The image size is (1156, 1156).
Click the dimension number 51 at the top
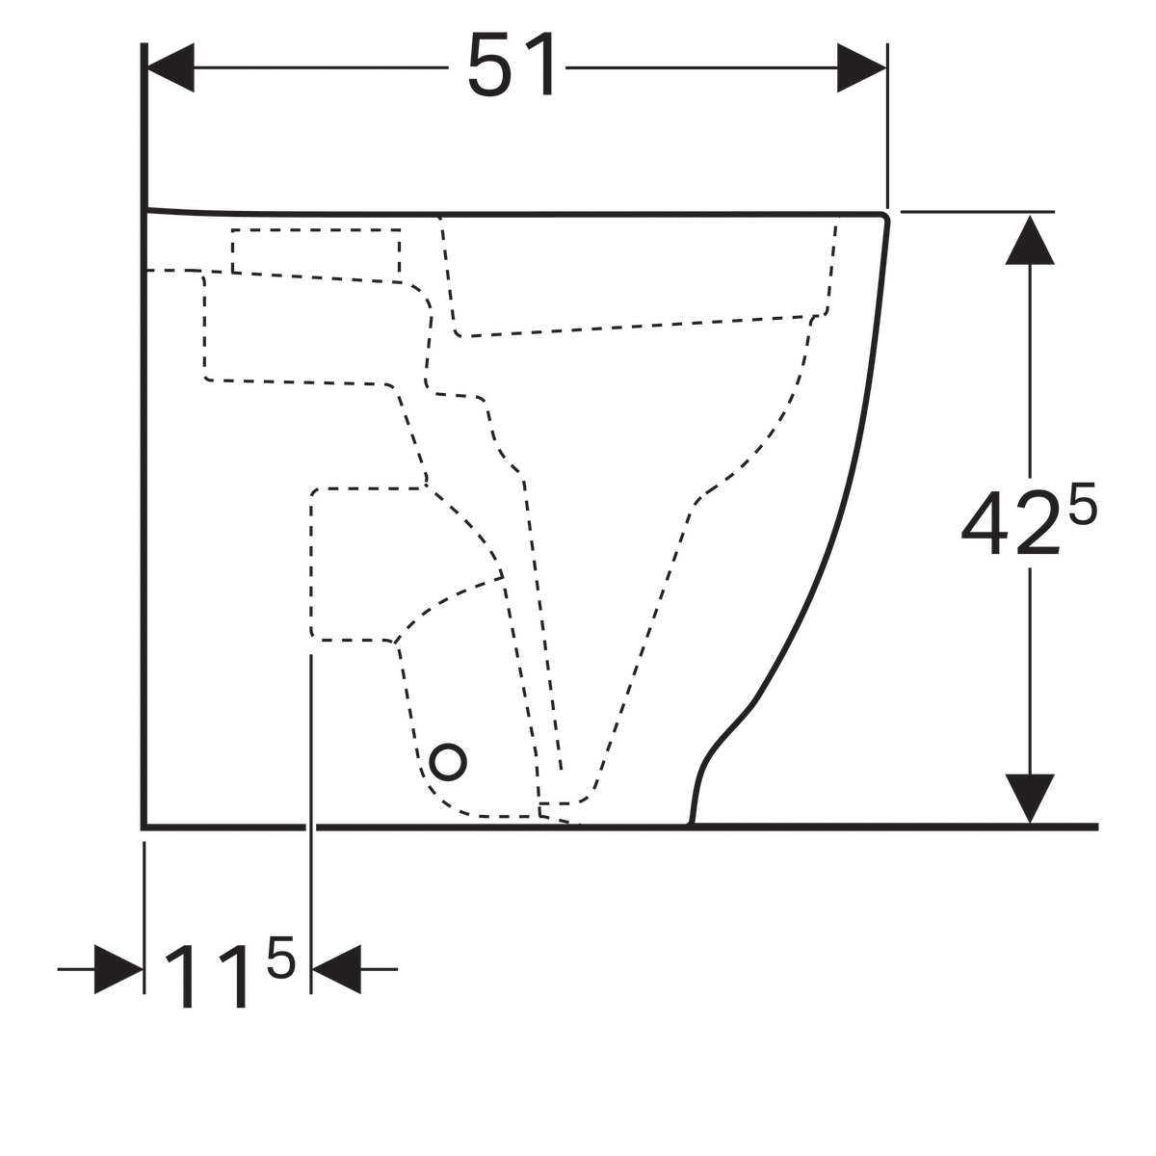pos(512,65)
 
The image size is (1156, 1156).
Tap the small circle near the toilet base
pos(448,762)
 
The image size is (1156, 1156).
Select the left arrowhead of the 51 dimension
pos(171,67)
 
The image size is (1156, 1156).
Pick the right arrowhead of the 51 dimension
pos(861,67)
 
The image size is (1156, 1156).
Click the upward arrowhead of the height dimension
pos(1030,240)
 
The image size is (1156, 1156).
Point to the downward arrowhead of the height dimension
pos(1030,799)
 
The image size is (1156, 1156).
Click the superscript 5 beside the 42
pos(1083,503)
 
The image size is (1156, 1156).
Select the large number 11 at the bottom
pos(206,979)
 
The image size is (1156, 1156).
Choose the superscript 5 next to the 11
pos(281,958)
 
